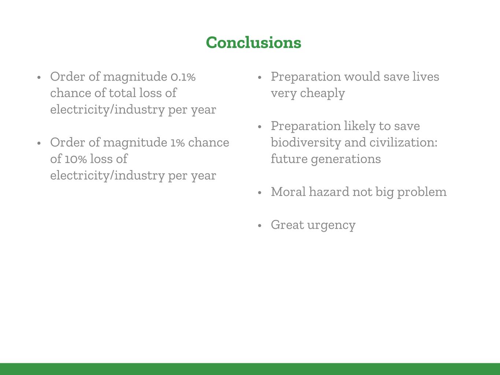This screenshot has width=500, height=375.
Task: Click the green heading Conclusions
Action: point(253,43)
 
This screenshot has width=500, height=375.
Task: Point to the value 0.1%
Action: point(183,77)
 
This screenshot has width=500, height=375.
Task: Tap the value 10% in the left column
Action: point(75,159)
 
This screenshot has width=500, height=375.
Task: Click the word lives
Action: point(426,76)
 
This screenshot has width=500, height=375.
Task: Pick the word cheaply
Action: point(322,93)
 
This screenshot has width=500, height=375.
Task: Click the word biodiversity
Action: point(306,143)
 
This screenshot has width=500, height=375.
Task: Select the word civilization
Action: point(403,143)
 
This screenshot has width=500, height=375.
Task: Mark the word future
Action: point(289,159)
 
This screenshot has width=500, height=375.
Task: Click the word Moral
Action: point(288,192)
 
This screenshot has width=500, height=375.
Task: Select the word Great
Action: point(288,225)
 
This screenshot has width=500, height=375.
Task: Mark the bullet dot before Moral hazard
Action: point(260,192)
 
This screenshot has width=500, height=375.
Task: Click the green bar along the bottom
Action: point(250,369)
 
